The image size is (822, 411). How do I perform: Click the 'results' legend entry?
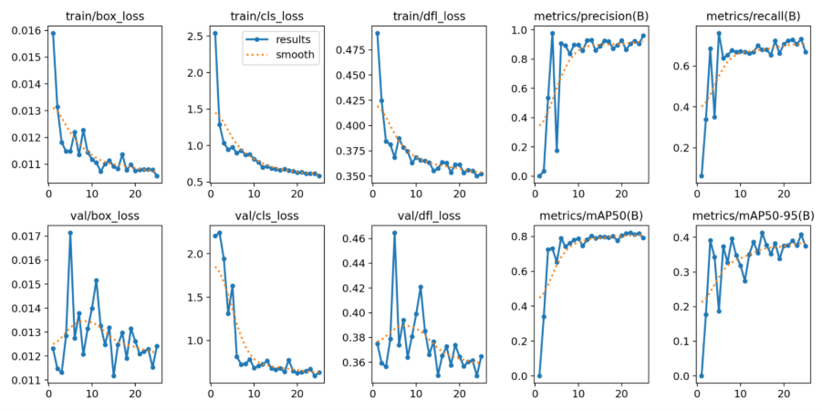pos(295,39)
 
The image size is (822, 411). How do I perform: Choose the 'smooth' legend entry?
pos(295,55)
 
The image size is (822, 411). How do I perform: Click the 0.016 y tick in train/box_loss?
pos(26,31)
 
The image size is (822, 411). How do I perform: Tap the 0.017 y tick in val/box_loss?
pos(26,236)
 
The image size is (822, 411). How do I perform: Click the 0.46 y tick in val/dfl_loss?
pos(354,239)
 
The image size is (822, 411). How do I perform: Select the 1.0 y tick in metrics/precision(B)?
pos(516,30)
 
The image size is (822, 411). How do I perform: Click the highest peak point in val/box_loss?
pos(70,232)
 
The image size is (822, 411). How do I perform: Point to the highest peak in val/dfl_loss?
pos(394,232)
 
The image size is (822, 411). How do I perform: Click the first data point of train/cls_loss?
pos(214,33)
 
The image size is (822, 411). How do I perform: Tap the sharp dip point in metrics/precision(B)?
pos(557,150)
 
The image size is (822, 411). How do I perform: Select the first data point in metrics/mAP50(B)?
pos(539,375)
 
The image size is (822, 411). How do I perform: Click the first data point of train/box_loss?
pos(53,33)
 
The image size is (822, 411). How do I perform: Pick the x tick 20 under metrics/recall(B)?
pos(783,194)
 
